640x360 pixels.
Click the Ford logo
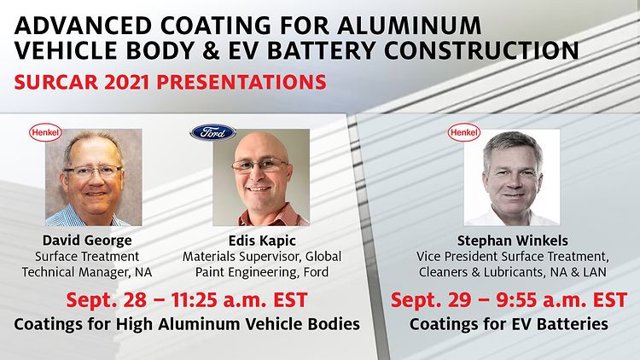[x=212, y=132]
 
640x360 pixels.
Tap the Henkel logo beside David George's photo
[x=45, y=132]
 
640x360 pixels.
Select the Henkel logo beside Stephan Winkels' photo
[x=463, y=132]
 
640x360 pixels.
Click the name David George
[x=87, y=240]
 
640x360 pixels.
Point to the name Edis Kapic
[x=262, y=241]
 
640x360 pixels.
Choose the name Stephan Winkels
[x=512, y=241]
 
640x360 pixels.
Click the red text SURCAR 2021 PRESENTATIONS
[x=170, y=83]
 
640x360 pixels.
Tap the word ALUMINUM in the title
[x=409, y=26]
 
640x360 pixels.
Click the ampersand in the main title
[x=211, y=51]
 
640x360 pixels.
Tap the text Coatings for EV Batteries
[x=509, y=324]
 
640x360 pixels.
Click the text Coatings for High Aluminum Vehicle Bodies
[x=187, y=324]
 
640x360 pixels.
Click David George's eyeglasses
[x=94, y=171]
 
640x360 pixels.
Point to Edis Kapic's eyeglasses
[x=260, y=165]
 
